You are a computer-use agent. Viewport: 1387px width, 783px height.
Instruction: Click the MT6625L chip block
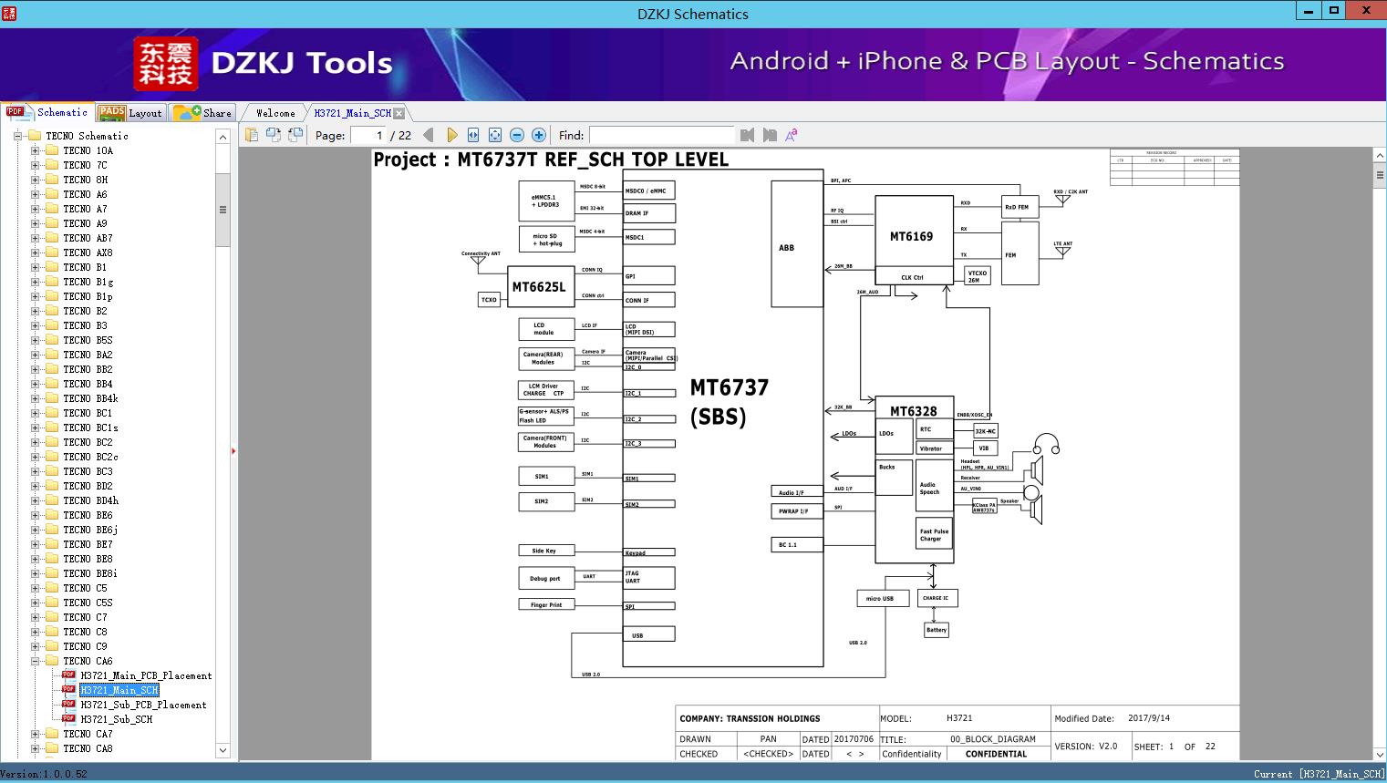coord(539,287)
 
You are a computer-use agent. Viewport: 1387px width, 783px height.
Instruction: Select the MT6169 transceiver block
coord(912,236)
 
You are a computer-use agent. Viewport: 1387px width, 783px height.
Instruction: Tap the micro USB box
coord(880,599)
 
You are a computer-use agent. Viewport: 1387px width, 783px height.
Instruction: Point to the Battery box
coord(937,630)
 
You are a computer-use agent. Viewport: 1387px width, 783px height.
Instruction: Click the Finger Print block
coord(546,604)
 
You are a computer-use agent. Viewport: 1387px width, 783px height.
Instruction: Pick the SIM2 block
coord(542,501)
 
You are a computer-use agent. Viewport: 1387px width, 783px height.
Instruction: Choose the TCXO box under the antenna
coord(489,300)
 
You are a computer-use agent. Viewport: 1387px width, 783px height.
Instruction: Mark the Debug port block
coord(545,578)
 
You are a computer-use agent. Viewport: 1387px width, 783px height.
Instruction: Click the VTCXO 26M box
coord(978,276)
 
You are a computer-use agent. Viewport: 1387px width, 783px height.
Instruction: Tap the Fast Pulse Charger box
coord(934,534)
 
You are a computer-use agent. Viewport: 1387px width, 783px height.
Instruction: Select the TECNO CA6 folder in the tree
coord(88,661)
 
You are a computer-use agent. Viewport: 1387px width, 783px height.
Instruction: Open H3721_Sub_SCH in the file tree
coord(117,719)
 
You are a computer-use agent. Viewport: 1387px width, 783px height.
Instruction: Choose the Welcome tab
coord(275,113)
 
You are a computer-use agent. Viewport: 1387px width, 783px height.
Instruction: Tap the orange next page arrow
coord(451,135)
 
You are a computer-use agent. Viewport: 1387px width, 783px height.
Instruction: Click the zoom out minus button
coord(517,135)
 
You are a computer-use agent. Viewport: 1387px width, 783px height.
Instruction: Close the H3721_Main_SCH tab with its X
coord(399,113)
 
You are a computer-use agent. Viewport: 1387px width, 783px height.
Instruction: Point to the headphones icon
coord(1047,444)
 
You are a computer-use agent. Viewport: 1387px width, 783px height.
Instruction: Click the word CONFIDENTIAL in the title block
coord(996,754)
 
